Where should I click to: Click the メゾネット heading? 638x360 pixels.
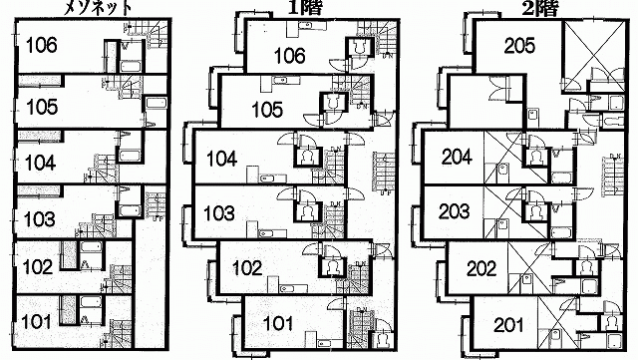99,7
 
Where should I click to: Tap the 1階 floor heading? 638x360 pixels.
305,7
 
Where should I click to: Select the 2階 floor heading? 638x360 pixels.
540,7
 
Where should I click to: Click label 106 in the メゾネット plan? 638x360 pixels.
41,45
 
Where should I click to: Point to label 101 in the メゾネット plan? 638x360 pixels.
36,322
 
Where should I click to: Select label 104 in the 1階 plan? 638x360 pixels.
221,159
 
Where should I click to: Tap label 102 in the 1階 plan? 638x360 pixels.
247,268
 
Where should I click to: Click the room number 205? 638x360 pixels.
519,46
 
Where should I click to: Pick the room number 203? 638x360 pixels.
455,211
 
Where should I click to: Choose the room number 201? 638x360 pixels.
509,325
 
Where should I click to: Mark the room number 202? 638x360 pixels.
481,269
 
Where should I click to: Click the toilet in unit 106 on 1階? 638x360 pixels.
359,47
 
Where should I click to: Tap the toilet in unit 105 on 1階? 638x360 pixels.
333,103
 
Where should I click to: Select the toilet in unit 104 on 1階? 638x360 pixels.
308,157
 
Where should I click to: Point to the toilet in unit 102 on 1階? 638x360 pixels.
333,267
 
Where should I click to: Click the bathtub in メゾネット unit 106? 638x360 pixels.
131,66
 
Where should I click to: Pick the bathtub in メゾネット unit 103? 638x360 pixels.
131,210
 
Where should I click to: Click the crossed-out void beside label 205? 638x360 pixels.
593,56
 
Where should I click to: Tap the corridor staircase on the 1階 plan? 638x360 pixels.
383,172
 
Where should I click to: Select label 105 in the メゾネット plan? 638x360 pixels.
42,107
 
